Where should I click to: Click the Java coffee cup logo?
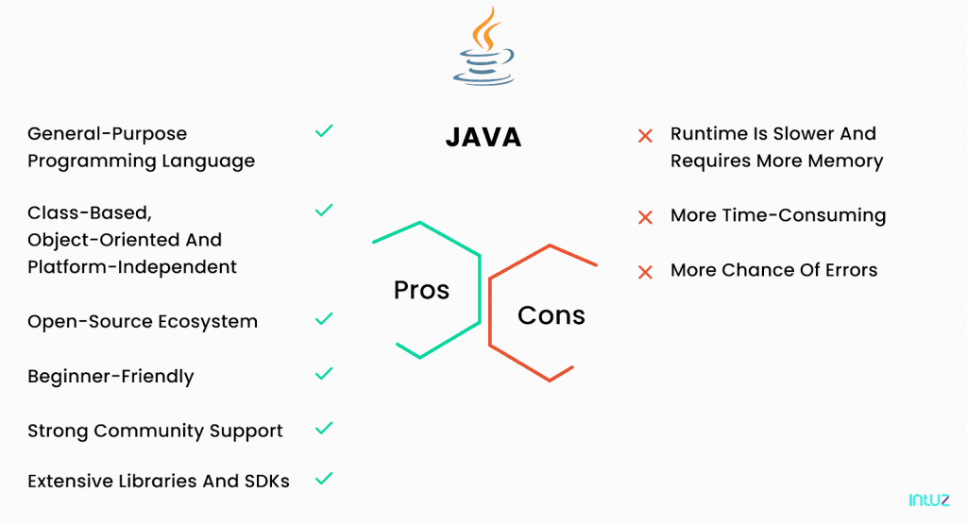(x=484, y=46)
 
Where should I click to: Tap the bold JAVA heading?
(x=483, y=137)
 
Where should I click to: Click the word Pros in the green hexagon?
(x=422, y=290)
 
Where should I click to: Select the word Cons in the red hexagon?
(x=551, y=315)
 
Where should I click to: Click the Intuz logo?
(x=929, y=500)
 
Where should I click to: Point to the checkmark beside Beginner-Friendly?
(x=324, y=374)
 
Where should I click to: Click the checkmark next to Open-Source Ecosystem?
(x=324, y=319)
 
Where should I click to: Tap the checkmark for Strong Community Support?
(x=324, y=428)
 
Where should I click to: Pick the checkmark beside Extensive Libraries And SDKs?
(x=324, y=479)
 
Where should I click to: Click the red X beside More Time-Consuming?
(x=645, y=217)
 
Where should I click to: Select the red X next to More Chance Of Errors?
(x=645, y=272)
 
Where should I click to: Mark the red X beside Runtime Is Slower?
(x=645, y=136)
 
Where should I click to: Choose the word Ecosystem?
(x=207, y=322)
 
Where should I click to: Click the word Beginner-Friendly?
(x=111, y=377)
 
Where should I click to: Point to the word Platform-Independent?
(x=132, y=267)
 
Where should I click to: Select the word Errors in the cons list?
(x=852, y=270)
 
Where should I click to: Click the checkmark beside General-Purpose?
(x=324, y=131)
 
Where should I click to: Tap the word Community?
(x=148, y=432)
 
